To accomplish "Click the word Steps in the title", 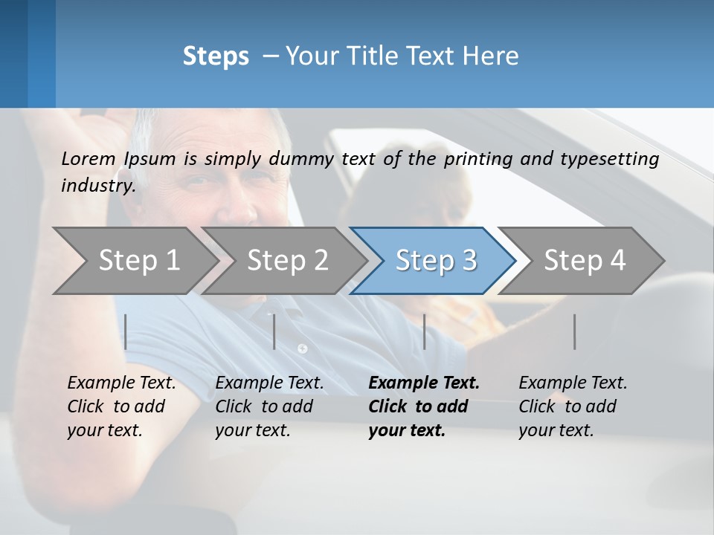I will click(x=216, y=56).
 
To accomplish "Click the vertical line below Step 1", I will click(x=126, y=331).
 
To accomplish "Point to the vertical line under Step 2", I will click(x=274, y=331).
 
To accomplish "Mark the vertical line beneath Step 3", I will click(x=425, y=331).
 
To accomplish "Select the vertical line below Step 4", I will click(x=575, y=331).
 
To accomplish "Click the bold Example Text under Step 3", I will click(x=424, y=406).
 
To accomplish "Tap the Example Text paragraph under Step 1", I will click(x=121, y=406).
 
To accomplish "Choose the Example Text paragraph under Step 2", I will click(x=269, y=406).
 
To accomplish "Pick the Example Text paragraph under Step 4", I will click(x=573, y=406).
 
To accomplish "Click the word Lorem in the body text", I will click(x=89, y=158).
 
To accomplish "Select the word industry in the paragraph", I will click(x=97, y=186).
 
